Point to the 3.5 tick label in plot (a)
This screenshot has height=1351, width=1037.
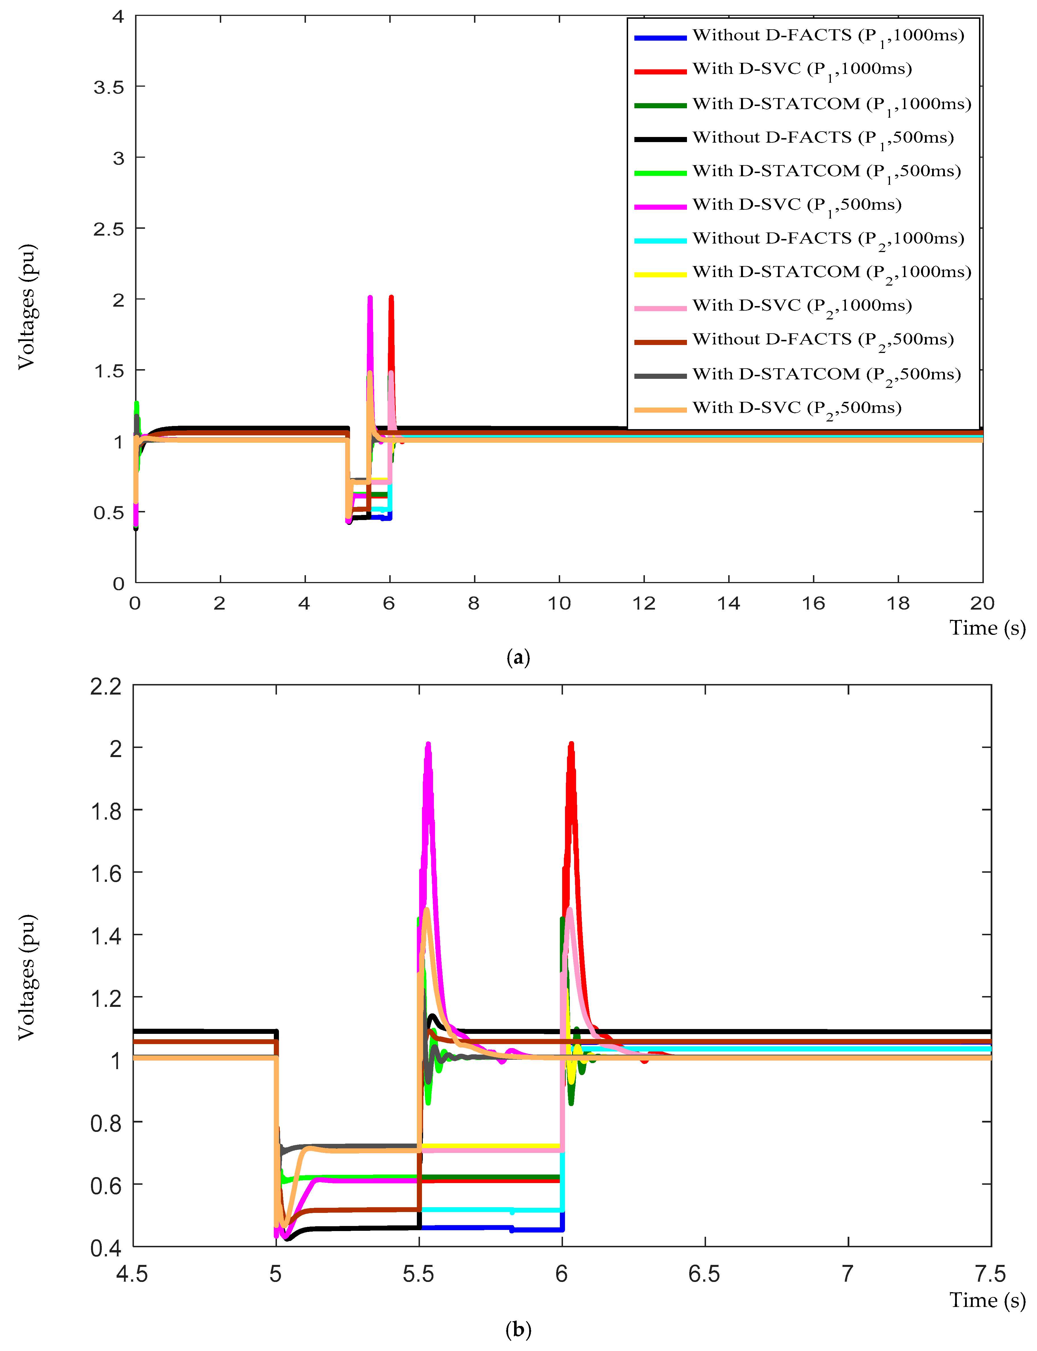(x=109, y=87)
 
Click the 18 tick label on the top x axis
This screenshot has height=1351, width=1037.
(x=897, y=603)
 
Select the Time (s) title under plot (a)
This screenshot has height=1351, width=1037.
(x=987, y=628)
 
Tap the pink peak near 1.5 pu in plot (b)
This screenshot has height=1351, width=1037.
(x=569, y=909)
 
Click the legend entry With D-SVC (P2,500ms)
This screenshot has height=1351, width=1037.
(x=796, y=408)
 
